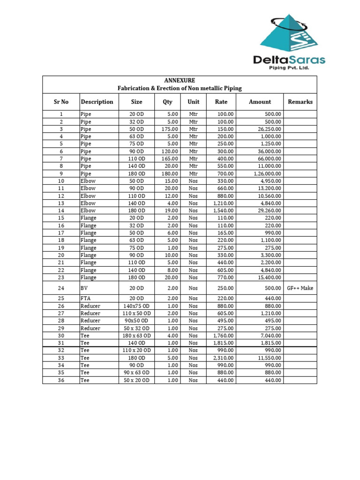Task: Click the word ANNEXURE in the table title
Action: [180, 81]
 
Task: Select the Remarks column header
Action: [300, 102]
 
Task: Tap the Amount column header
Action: [260, 102]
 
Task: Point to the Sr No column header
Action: [61, 102]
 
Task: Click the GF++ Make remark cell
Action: [300, 288]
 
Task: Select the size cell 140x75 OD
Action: [137, 306]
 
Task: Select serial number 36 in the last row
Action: [61, 380]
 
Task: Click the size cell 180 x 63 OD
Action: [137, 336]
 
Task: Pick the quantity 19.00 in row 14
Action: [172, 211]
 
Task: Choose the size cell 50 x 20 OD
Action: [137, 380]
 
